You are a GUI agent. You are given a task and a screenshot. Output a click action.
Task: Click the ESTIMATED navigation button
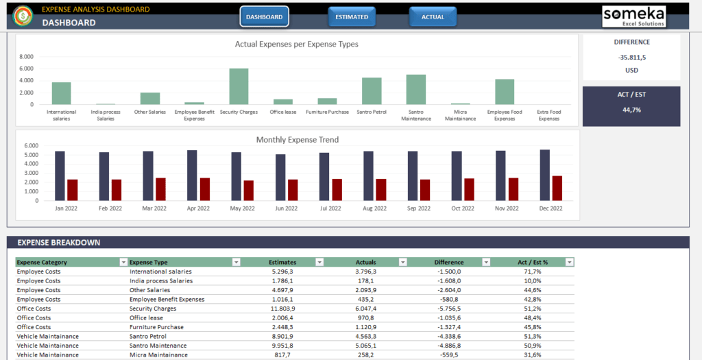tap(352, 16)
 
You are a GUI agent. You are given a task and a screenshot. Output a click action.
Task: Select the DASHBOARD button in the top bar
tap(264, 16)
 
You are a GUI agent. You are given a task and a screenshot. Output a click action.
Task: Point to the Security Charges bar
tap(239, 86)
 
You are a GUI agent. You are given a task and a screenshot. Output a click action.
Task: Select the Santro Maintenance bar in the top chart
tap(415, 89)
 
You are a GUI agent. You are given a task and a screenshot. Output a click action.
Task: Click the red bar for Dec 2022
tap(557, 187)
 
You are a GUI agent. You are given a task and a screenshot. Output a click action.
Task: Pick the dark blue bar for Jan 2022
tap(60, 175)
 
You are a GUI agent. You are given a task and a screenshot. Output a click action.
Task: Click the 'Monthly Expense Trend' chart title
tap(297, 140)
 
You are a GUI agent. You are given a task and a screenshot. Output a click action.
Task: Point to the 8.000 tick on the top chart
tap(26, 57)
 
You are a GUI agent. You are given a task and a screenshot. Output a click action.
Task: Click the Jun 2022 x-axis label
tap(286, 208)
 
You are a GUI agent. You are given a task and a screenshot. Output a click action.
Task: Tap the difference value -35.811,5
tap(631, 57)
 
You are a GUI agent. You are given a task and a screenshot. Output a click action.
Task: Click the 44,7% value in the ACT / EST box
tap(631, 110)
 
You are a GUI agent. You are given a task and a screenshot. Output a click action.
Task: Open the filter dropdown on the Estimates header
tap(319, 262)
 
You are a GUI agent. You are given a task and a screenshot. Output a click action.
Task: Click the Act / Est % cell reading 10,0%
tap(532, 280)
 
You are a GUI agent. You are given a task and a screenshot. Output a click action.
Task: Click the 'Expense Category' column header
tap(43, 262)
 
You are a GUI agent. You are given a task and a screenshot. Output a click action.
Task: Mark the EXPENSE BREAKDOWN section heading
tap(59, 243)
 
